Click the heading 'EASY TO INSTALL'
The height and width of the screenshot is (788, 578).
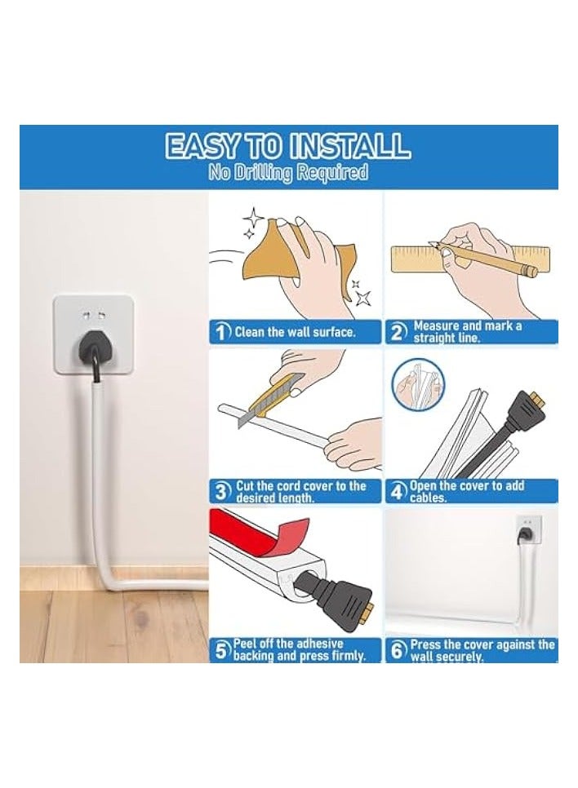[x=288, y=146]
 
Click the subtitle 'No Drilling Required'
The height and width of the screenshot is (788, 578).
[x=288, y=174]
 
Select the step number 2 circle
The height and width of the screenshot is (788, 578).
[x=398, y=332]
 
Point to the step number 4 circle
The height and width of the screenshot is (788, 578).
[x=398, y=492]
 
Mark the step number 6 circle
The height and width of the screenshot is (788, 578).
[x=398, y=650]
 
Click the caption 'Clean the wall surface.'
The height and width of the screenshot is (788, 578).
[x=295, y=332]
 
